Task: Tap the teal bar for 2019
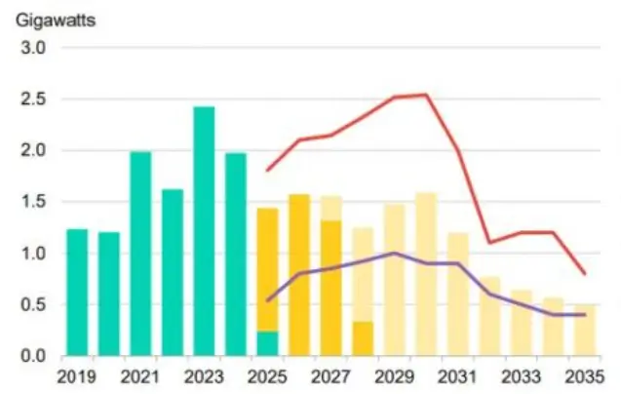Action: [x=77, y=293]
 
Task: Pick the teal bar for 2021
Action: [x=140, y=254]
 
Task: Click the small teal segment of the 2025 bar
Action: [x=267, y=344]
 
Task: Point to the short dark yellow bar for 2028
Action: [x=363, y=338]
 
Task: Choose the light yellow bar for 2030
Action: [x=426, y=274]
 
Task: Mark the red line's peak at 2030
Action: [x=426, y=95]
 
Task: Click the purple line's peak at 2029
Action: [x=394, y=253]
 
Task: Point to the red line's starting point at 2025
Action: [x=267, y=171]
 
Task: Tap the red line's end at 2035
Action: [x=584, y=274]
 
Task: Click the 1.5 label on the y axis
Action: [x=34, y=202]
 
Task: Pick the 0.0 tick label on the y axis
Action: [x=34, y=356]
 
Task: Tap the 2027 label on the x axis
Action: [x=330, y=376]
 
